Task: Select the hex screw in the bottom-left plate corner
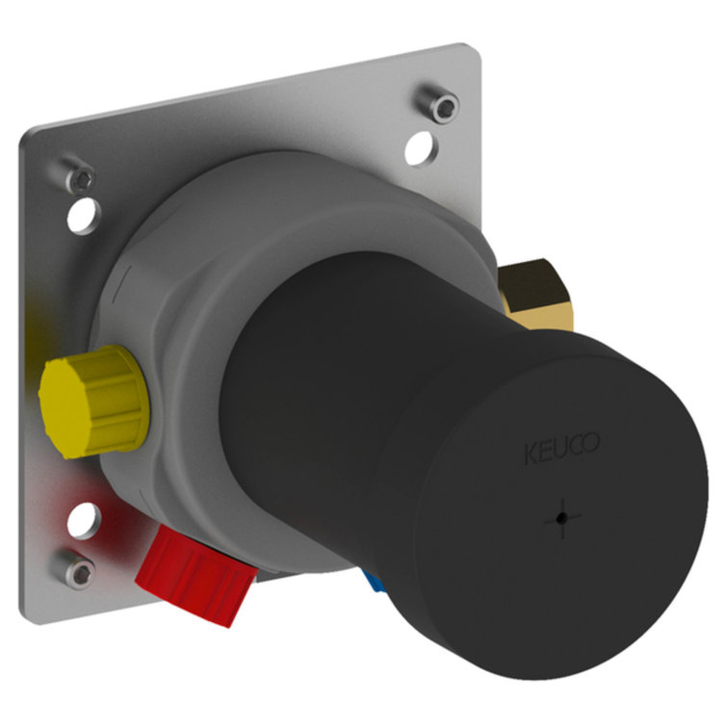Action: click(77, 568)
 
